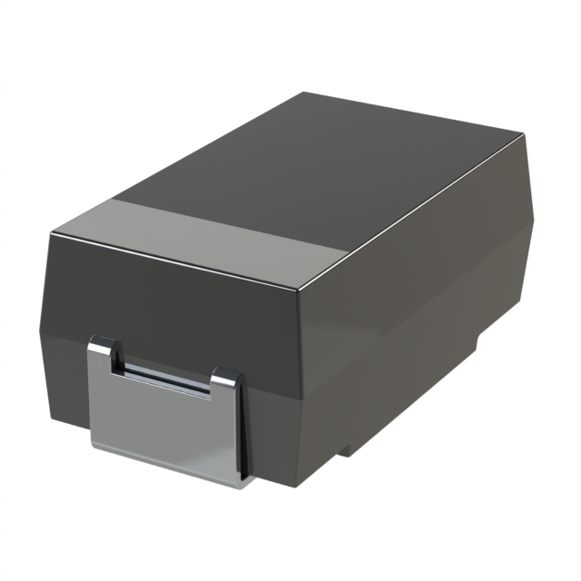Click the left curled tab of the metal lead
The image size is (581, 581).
pos(105,353)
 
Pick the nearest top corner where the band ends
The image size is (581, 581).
pos(299,289)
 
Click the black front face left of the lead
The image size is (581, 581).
pos(68,363)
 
